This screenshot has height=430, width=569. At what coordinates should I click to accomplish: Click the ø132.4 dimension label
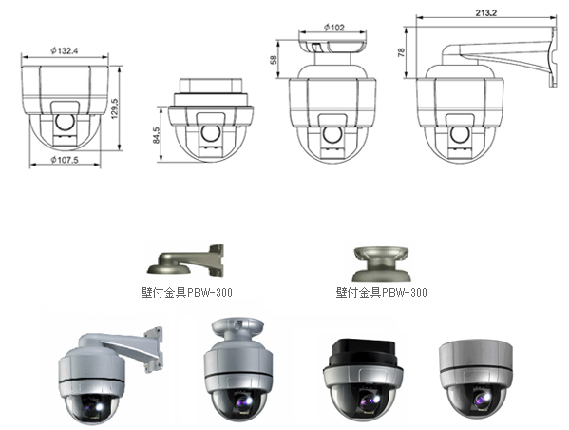[x=65, y=50]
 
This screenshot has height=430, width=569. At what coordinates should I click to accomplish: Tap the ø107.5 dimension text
[x=65, y=160]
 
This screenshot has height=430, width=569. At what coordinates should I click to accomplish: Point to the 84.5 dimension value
[x=157, y=135]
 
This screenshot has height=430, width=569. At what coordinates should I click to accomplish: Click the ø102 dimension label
[x=333, y=28]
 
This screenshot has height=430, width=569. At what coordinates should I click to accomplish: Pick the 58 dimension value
[x=274, y=59]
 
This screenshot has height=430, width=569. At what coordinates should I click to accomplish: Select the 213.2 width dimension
[x=486, y=13]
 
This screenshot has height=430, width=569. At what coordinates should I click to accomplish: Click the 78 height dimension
[x=402, y=52]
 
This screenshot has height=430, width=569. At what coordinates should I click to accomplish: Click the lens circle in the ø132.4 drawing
[x=66, y=122]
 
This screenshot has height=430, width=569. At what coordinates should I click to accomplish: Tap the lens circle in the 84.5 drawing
[x=211, y=132]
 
